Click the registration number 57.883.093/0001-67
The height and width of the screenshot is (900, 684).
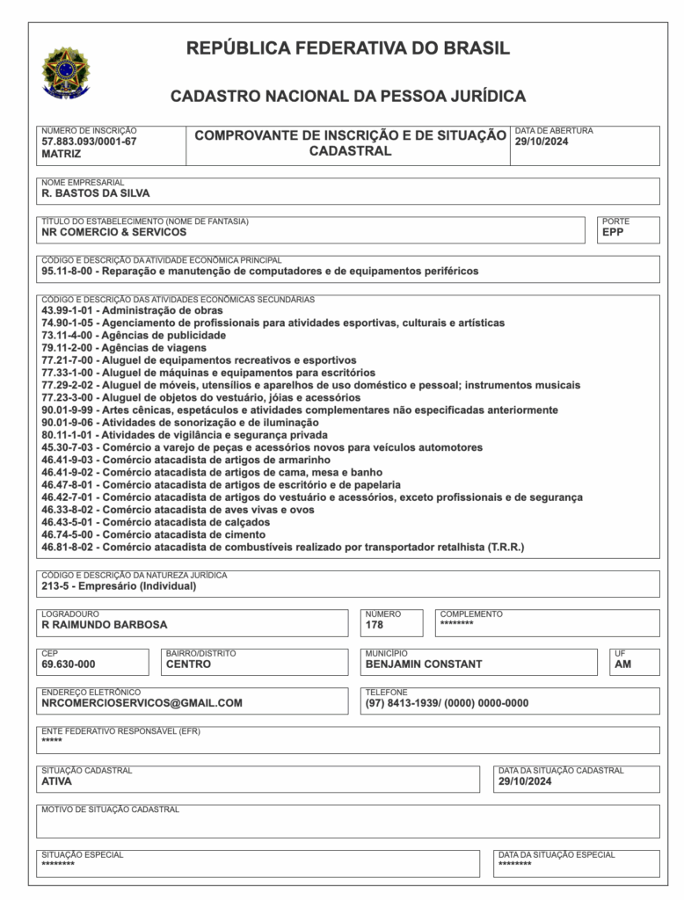tap(89, 141)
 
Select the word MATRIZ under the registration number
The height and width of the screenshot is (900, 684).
tap(61, 153)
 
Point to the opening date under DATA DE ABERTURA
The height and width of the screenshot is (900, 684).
tap(542, 141)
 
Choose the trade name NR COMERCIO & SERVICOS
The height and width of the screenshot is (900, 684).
tap(113, 232)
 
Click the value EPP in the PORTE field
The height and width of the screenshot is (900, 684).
tap(613, 232)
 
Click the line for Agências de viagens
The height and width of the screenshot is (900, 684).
tap(123, 348)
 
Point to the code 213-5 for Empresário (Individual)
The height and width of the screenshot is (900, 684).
tap(55, 585)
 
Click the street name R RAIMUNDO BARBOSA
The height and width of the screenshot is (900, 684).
tap(104, 625)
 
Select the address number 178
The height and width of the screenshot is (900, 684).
tap(375, 625)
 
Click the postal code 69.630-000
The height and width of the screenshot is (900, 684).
tap(69, 664)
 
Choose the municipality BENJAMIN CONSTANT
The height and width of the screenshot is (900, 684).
tap(424, 664)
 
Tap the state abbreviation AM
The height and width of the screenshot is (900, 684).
tap(622, 664)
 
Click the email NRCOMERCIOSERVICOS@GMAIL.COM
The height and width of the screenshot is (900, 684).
tap(142, 703)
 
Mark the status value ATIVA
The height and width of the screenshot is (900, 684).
tap(57, 780)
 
